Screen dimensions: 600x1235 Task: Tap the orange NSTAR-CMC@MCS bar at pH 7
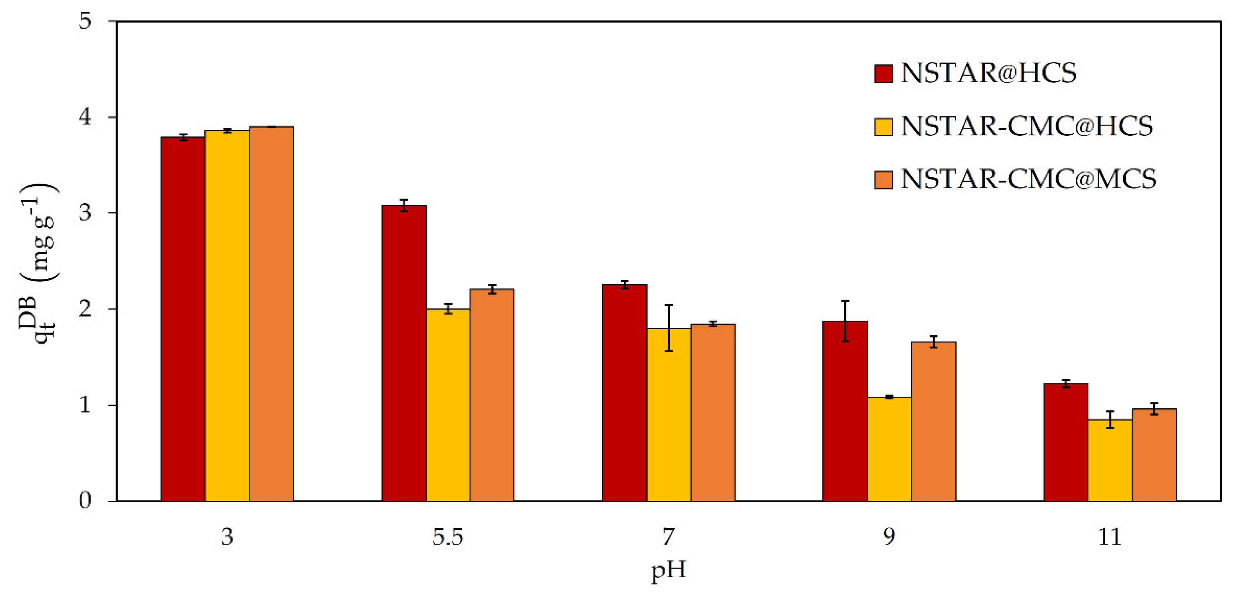(x=713, y=412)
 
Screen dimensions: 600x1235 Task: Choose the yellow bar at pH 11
(x=1110, y=460)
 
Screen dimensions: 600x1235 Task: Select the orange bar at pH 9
(x=933, y=421)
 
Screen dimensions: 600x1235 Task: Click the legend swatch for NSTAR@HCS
(x=883, y=74)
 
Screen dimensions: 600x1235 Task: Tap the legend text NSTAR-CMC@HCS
(x=1027, y=127)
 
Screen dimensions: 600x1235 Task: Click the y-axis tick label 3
(x=85, y=213)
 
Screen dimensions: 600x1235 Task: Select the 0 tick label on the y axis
(x=85, y=501)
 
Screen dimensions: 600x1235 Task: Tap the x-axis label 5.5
(x=448, y=537)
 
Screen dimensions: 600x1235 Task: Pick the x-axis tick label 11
(x=1109, y=537)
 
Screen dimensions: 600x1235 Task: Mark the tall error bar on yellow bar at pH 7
(x=669, y=328)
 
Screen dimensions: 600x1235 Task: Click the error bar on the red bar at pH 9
(x=845, y=321)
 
